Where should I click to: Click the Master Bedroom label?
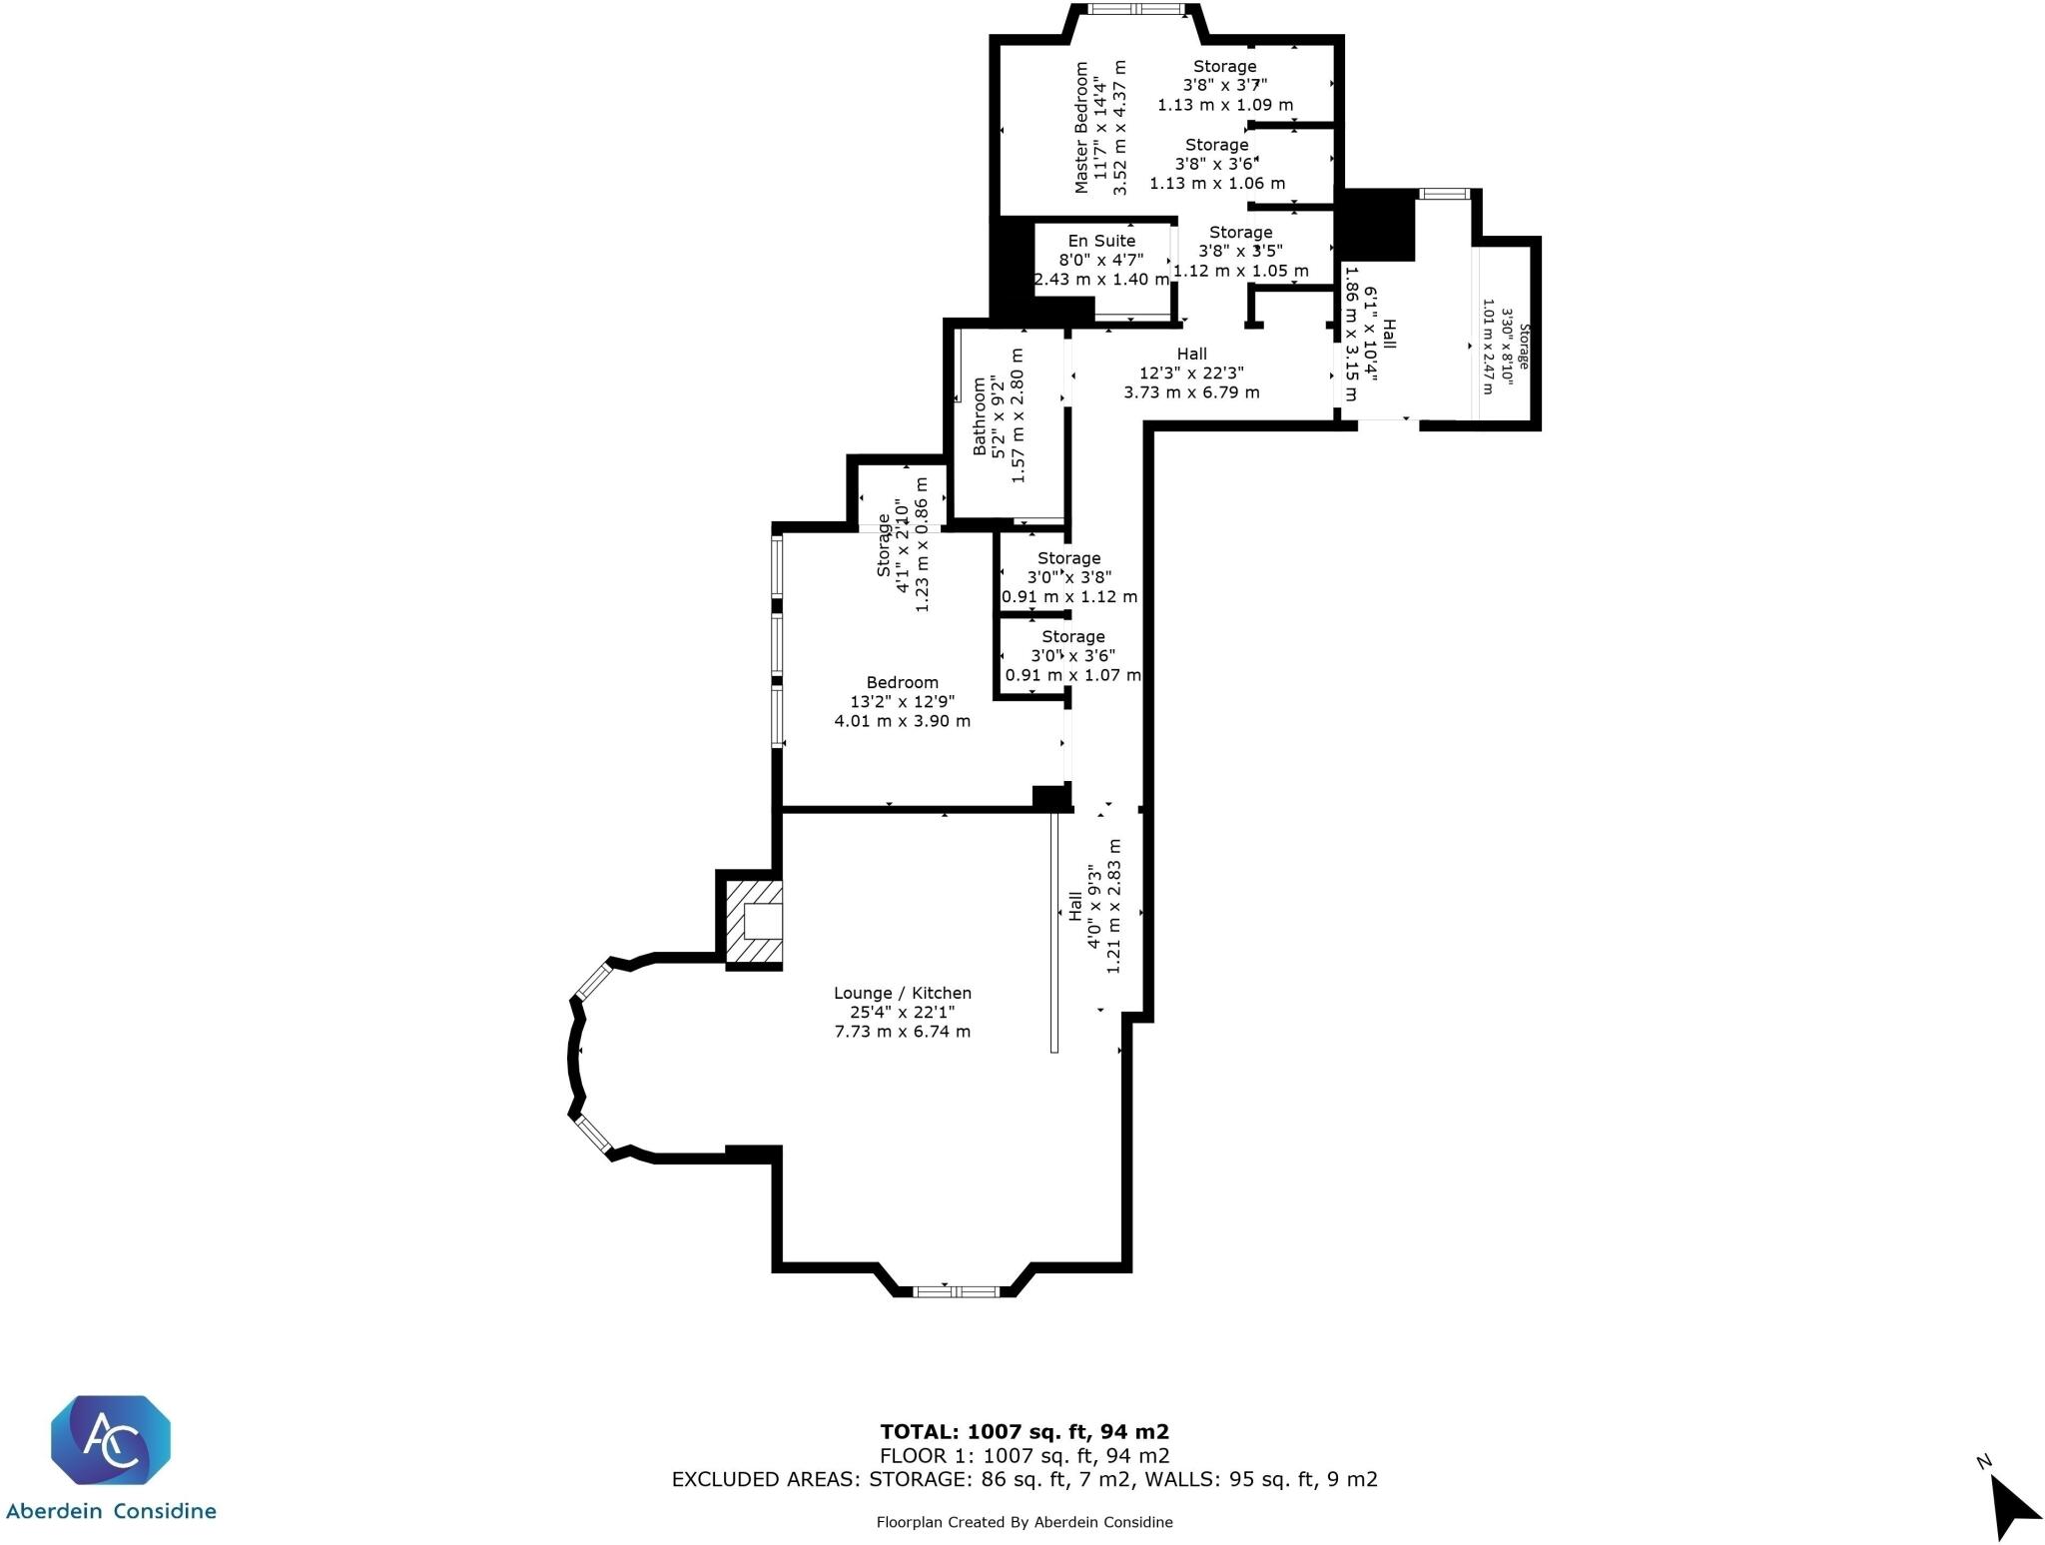pos(1081,127)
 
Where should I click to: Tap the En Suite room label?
pos(1101,241)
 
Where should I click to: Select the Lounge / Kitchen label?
pos(902,993)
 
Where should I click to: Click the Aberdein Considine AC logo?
pos(110,1439)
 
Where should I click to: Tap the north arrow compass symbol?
pos(2011,1507)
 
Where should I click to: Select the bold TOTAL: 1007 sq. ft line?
pos(1023,1432)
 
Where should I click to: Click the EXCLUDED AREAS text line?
pos(1023,1479)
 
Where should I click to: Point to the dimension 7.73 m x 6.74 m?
pos(902,1032)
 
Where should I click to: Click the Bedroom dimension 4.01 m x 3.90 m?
pos(902,721)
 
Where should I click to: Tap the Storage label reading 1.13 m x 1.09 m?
pos(1225,104)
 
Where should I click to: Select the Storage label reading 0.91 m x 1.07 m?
pos(1072,675)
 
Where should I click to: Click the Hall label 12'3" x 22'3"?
pos(1191,373)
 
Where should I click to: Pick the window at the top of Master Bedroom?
pos(1132,10)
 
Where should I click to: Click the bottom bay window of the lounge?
pos(956,1291)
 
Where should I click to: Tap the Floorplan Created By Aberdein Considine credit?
pos(1023,1522)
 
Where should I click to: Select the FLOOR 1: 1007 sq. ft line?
pos(1023,1456)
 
